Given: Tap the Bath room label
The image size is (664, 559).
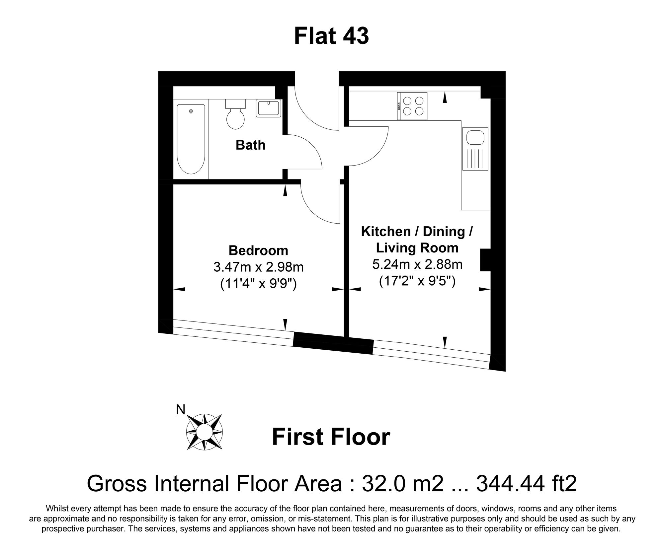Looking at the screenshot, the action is tap(251, 145).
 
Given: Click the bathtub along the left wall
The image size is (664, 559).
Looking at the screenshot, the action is tap(191, 139).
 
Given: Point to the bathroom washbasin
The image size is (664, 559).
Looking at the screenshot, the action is tap(269, 107).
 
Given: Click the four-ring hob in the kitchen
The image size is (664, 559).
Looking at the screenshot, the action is tap(412, 106).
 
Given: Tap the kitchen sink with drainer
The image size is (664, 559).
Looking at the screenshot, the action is tap(475, 149).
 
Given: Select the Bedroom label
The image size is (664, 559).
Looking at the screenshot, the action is tap(258, 250).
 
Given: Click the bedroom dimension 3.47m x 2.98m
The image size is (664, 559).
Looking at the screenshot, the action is tap(259, 267).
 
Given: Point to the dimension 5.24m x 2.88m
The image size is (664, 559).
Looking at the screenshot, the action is tap(417, 265).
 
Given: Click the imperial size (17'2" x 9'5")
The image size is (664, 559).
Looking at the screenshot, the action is tap(417, 281).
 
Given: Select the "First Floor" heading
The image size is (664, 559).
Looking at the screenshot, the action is tap(331, 437).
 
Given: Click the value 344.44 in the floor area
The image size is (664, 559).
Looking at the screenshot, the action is tap(511, 483).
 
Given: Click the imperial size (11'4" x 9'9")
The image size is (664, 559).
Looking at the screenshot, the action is tap(259, 284).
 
